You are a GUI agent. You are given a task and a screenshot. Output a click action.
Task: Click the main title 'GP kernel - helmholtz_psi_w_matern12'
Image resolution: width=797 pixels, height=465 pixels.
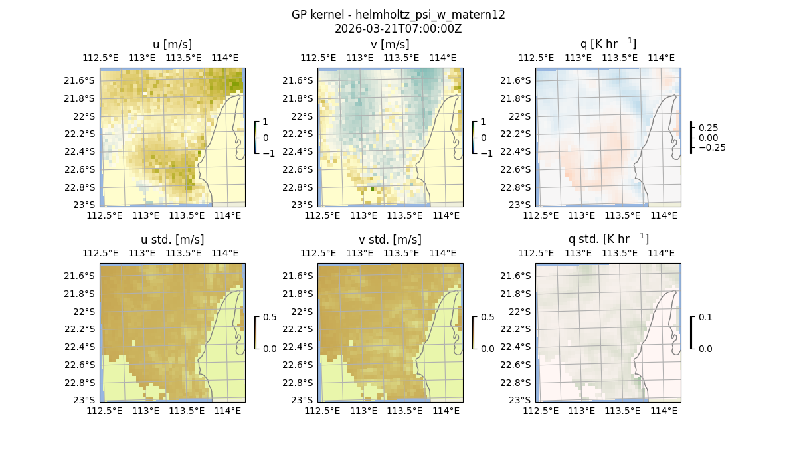[x=398, y=15]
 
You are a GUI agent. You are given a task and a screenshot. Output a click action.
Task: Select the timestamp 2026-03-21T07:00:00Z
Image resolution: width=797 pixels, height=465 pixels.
[x=398, y=29]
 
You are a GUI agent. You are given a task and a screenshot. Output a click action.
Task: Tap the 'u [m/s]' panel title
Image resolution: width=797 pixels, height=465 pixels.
[x=172, y=45]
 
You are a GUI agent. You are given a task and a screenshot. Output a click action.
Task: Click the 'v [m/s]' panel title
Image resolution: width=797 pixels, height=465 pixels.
[x=390, y=45]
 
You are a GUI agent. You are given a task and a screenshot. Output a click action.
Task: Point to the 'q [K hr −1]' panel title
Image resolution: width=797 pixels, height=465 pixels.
[x=608, y=44]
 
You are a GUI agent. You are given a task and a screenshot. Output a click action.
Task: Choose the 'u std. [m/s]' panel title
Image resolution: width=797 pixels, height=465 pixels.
[x=172, y=240]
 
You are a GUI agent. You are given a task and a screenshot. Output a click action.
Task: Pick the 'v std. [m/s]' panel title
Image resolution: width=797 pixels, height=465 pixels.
[x=390, y=240]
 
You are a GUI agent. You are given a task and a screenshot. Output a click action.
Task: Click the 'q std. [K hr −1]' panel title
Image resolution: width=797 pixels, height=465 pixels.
[x=608, y=239]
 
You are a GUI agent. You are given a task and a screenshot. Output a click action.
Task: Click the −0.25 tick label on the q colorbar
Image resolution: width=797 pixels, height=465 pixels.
[x=711, y=147]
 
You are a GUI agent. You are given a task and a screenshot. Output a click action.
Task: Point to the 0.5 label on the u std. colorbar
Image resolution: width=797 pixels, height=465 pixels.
[x=270, y=318]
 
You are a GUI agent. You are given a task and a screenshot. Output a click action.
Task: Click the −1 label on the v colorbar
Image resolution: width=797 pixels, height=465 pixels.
[x=487, y=153]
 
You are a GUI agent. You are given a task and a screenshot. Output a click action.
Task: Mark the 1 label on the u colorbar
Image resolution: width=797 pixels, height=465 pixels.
[x=266, y=122]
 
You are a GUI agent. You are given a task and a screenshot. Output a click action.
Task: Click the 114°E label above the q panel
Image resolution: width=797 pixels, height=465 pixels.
[x=661, y=58]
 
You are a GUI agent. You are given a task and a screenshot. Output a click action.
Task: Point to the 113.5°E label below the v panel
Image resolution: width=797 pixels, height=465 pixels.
[x=404, y=215]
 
